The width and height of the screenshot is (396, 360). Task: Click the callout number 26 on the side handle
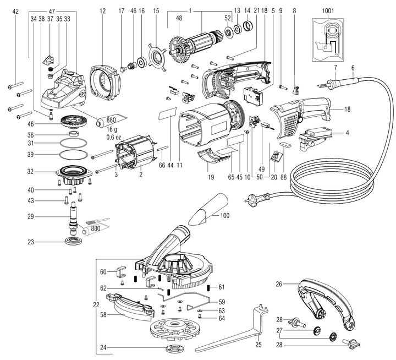pyautogui.click(x=279, y=284)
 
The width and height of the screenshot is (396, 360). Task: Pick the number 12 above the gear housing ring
pyautogui.click(x=103, y=10)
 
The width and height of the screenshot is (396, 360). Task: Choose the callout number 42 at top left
pyautogui.click(x=15, y=11)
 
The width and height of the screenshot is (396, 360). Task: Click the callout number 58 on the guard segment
pyautogui.click(x=103, y=315)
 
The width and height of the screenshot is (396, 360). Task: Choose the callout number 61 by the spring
pyautogui.click(x=222, y=287)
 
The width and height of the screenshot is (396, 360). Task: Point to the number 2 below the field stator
pyautogui.click(x=141, y=174)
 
